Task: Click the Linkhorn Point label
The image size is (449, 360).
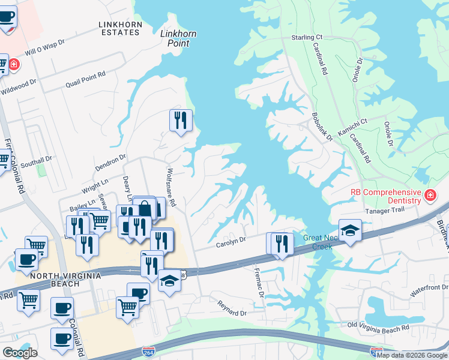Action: tap(178, 38)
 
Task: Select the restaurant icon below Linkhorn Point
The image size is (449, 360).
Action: tap(180, 122)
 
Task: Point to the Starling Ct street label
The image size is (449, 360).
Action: tap(307, 37)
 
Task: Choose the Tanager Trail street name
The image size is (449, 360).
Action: tap(386, 211)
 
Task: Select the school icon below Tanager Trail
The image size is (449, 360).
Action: tap(350, 230)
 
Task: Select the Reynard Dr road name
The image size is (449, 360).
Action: tap(232, 311)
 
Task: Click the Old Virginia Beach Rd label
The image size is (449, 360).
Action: tap(378, 328)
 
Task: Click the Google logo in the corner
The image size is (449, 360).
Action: tap(20, 353)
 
